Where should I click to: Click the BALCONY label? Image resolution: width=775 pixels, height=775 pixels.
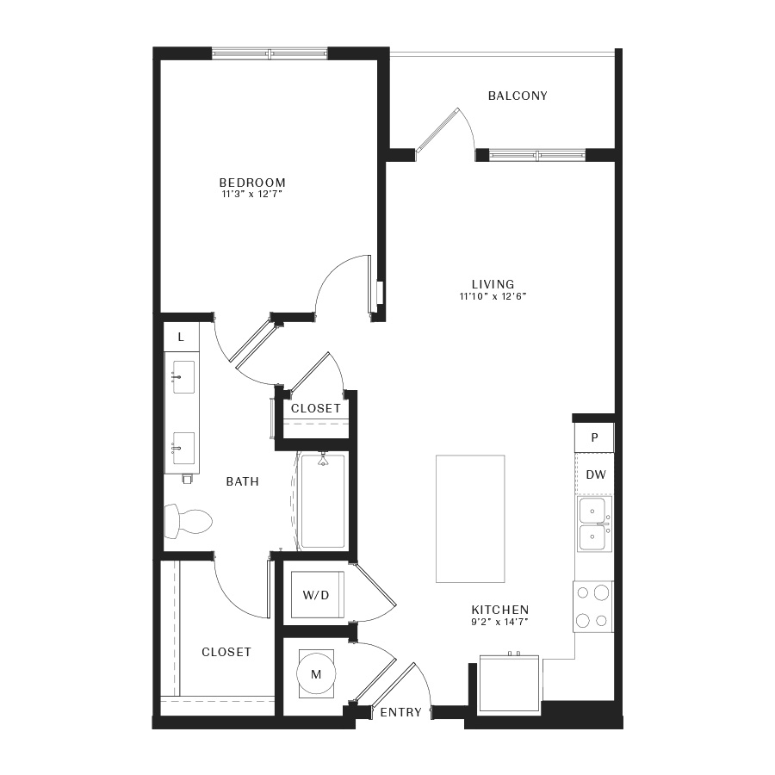pyautogui.click(x=518, y=96)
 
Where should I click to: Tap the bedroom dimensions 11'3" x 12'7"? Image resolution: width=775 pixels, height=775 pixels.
pyautogui.click(x=252, y=195)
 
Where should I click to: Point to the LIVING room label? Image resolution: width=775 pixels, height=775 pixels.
pyautogui.click(x=493, y=284)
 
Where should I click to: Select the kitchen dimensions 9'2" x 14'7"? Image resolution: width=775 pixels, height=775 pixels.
pyautogui.click(x=499, y=622)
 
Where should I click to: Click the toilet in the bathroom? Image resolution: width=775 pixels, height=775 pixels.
pyautogui.click(x=188, y=522)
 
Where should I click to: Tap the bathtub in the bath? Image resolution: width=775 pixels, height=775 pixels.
pyautogui.click(x=323, y=501)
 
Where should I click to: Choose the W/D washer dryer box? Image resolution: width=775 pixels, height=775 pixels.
pyautogui.click(x=317, y=594)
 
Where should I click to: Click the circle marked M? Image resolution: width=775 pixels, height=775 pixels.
pyautogui.click(x=316, y=673)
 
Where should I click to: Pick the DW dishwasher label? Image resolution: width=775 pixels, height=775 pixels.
pyautogui.click(x=596, y=474)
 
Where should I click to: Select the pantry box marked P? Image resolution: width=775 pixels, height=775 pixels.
pyautogui.click(x=594, y=437)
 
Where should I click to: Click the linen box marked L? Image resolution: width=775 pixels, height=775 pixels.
pyautogui.click(x=182, y=337)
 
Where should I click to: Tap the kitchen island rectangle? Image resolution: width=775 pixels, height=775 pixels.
pyautogui.click(x=470, y=519)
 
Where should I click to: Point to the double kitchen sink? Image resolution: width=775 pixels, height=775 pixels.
pyautogui.click(x=594, y=524)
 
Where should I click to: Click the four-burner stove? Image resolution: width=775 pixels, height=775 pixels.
pyautogui.click(x=593, y=606)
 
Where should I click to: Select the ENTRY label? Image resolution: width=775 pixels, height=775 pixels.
pyautogui.click(x=400, y=712)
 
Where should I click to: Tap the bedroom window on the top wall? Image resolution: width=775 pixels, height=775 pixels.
pyautogui.click(x=270, y=53)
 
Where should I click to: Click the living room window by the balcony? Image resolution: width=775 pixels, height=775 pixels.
pyautogui.click(x=537, y=155)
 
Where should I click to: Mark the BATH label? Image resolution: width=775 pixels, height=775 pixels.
pyautogui.click(x=242, y=481)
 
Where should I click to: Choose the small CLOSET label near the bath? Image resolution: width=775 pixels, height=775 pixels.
pyautogui.click(x=316, y=408)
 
